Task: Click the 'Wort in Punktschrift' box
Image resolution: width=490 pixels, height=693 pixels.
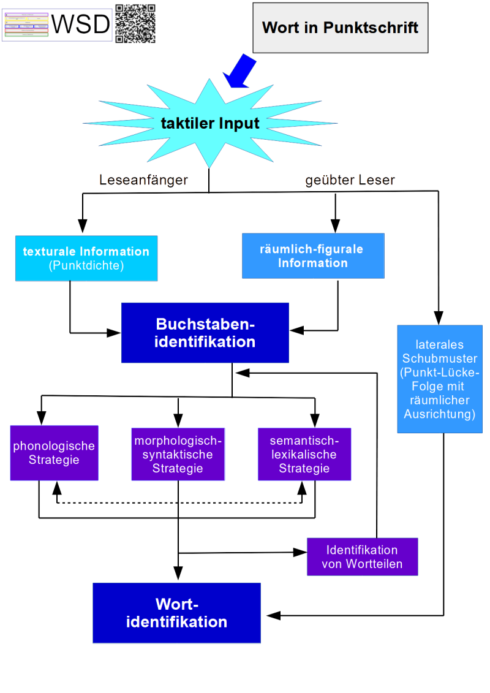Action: tap(340, 28)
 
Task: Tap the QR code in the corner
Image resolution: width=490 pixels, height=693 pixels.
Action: tap(135, 23)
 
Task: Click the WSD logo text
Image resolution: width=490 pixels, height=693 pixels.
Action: tap(81, 25)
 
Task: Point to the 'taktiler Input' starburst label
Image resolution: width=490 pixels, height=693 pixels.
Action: tap(210, 123)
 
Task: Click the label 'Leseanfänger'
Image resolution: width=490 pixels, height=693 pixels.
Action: tap(143, 180)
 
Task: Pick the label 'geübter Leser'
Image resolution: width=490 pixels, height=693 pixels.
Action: tap(350, 180)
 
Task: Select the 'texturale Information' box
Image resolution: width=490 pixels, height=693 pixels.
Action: tap(86, 259)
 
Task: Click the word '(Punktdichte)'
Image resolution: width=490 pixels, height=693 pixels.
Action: tap(86, 266)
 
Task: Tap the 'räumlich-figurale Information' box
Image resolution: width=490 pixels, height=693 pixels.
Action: tap(313, 256)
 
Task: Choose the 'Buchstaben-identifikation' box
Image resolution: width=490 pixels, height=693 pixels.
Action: tap(205, 333)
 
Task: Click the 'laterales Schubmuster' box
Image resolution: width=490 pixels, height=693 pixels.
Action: tap(439, 379)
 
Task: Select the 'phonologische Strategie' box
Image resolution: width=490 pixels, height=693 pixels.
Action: tap(54, 453)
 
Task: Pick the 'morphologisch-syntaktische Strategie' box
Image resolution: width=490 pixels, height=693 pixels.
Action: tap(178, 454)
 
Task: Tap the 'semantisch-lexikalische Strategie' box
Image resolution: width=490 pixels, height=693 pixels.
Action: tap(304, 454)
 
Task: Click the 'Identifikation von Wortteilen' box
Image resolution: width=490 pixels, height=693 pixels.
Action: tap(362, 557)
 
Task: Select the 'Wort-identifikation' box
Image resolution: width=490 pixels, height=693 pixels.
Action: tap(176, 613)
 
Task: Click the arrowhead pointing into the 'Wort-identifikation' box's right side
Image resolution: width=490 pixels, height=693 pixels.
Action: tap(271, 615)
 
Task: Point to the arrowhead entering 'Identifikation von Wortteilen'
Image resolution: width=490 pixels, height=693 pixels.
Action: tap(300, 553)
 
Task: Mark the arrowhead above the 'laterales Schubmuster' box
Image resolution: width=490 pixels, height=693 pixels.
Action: tap(439, 318)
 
